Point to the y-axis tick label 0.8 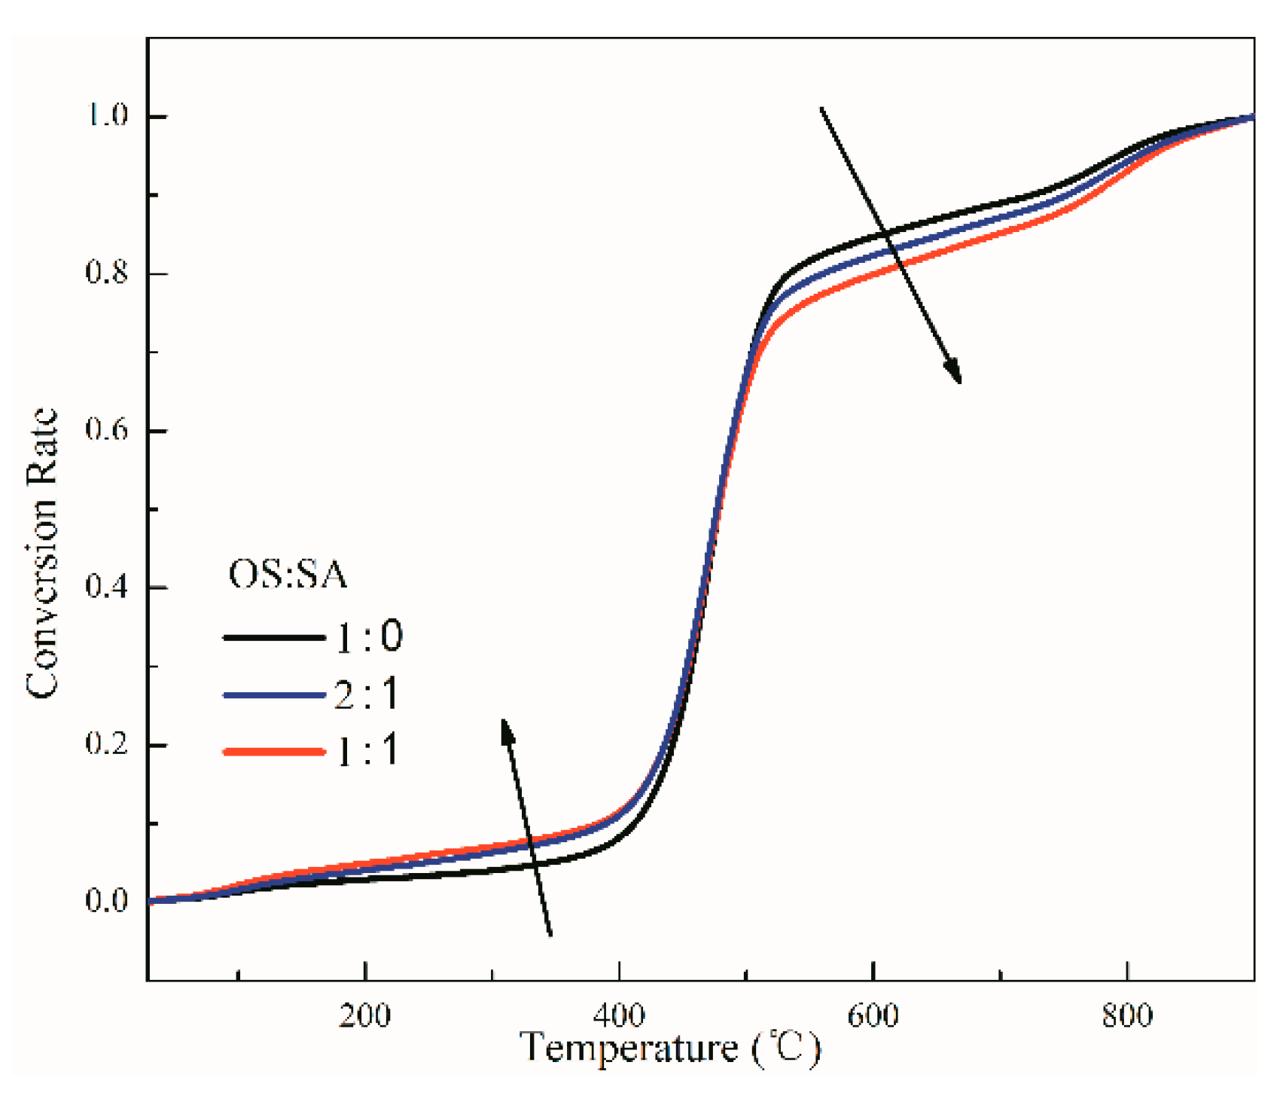[107, 273]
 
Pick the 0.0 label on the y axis [107, 899]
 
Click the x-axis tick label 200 [364, 1016]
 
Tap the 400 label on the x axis [618, 1016]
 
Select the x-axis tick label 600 [873, 1016]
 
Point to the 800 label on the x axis [1126, 1016]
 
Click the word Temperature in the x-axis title [629, 1049]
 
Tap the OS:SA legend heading [288, 575]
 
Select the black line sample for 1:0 [273, 637]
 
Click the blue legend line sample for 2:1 [273, 695]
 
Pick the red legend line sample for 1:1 [273, 751]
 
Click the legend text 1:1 [367, 751]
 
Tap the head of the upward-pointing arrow [507, 729]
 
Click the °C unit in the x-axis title [786, 1049]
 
